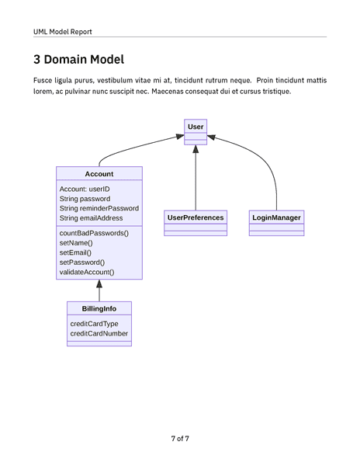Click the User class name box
(x=196, y=126)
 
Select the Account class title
(x=99, y=174)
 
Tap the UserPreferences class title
(x=196, y=217)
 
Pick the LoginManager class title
(x=276, y=217)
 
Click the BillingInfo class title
(x=99, y=309)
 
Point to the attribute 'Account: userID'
(x=85, y=189)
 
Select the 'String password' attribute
(x=85, y=199)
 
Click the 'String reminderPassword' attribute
(x=99, y=209)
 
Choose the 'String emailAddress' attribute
(x=91, y=219)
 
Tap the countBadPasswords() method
(x=94, y=233)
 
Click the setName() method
(x=75, y=243)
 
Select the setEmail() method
(x=75, y=252)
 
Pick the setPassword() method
(x=81, y=263)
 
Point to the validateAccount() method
(x=86, y=273)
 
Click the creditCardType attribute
(x=94, y=324)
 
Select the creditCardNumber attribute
(x=99, y=334)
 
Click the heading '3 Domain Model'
(x=78, y=60)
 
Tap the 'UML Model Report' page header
(x=62, y=32)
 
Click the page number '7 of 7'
(x=180, y=439)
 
